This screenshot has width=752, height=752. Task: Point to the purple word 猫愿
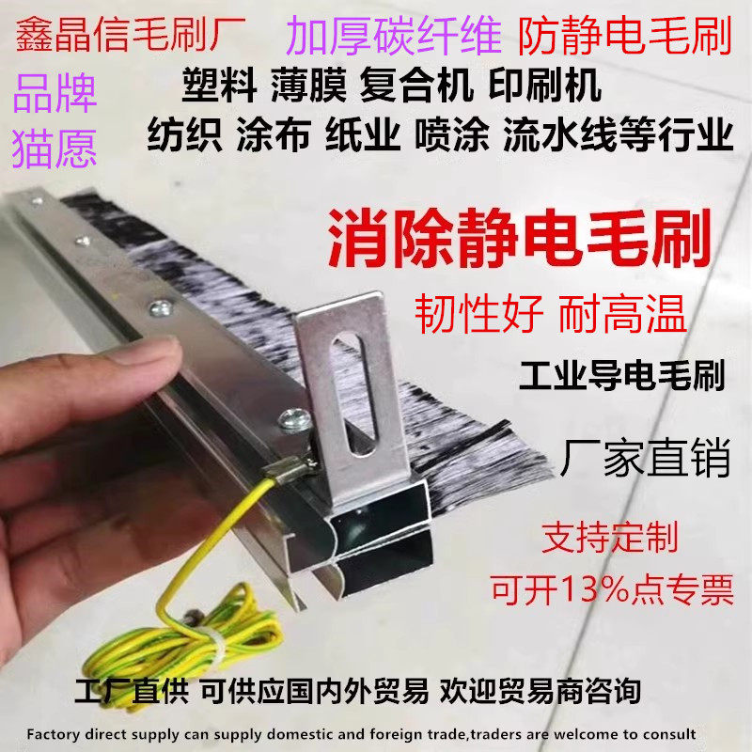[x=55, y=149]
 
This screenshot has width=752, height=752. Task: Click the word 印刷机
[x=544, y=87]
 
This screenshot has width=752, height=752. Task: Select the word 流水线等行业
[x=617, y=137]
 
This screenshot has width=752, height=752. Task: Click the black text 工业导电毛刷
[x=621, y=380]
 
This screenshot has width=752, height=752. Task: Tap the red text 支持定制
[x=608, y=539]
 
